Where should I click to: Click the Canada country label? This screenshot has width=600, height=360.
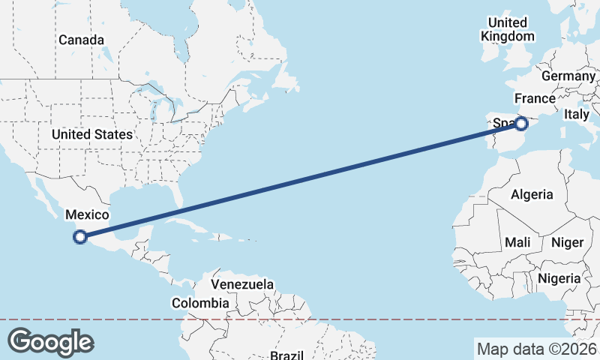[x=81, y=40]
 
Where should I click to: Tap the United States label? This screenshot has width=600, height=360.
[x=92, y=134]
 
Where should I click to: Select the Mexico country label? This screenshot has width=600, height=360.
[x=88, y=215]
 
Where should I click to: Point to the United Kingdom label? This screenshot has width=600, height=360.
[x=508, y=29]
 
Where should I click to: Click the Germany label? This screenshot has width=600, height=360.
[x=568, y=76]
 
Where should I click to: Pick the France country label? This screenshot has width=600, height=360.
[x=535, y=99]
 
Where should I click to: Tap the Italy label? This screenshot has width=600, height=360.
[x=577, y=115]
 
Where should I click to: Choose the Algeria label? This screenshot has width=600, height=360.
[x=532, y=195]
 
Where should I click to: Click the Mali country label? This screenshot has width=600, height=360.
[x=517, y=242]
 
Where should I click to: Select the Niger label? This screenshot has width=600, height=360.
[x=567, y=242]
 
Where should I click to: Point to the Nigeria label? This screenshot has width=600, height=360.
[x=559, y=278]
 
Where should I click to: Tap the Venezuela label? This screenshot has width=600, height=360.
[x=242, y=285]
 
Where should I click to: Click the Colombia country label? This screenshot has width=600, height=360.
[x=200, y=303]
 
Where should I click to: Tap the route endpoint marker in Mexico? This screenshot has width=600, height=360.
[x=80, y=238]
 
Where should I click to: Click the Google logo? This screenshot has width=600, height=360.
[x=50, y=341]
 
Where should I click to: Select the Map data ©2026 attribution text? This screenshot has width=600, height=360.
[x=537, y=349]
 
